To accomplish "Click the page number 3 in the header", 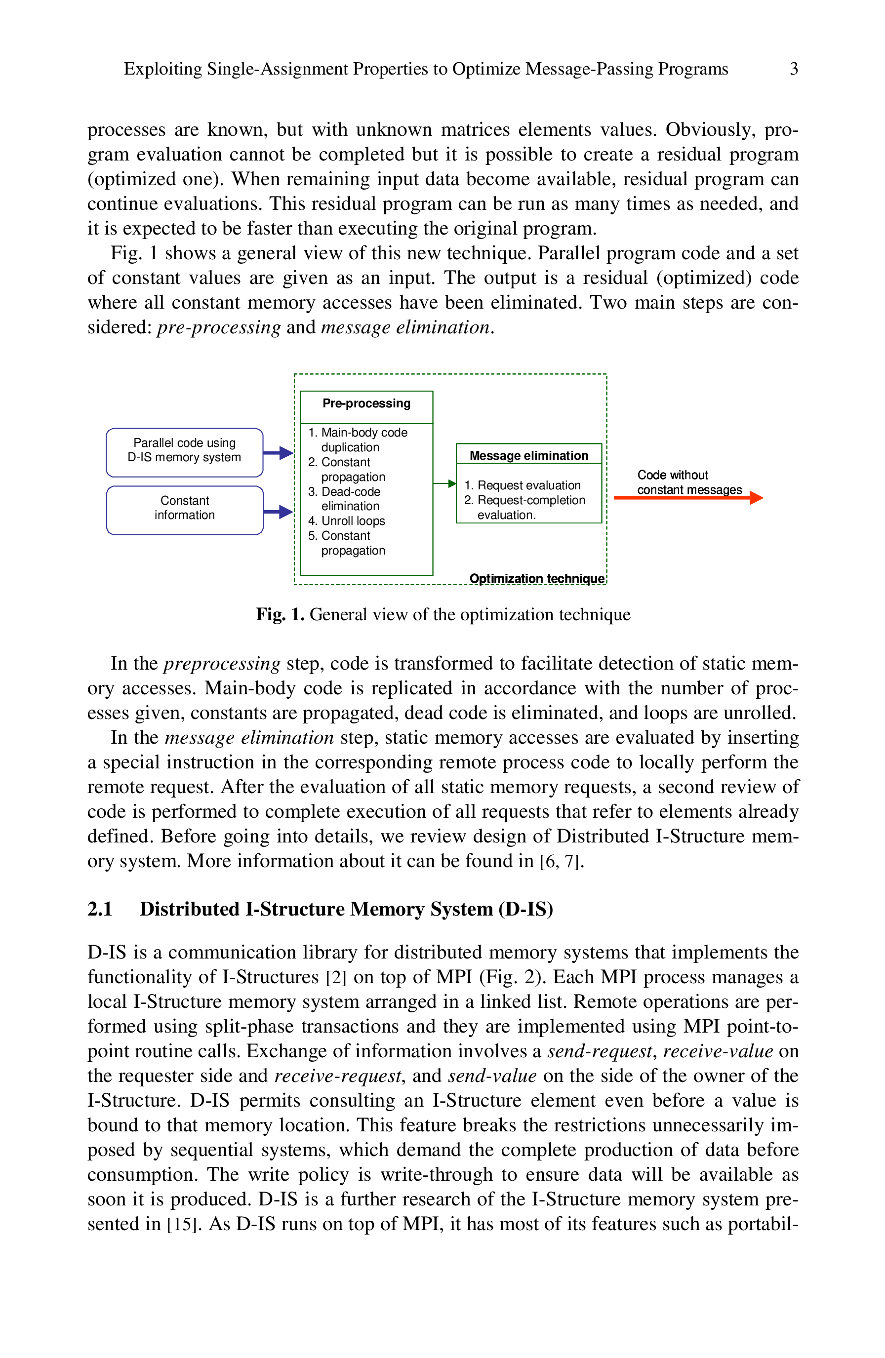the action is click(793, 69).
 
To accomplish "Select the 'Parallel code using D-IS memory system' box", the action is click(184, 452).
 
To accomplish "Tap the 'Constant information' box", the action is click(184, 510).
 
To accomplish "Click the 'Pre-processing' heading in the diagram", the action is click(366, 403).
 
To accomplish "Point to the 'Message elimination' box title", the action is click(528, 455).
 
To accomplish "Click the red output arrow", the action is click(688, 498).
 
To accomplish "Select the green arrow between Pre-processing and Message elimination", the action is click(444, 483).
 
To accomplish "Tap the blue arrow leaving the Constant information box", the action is click(278, 511).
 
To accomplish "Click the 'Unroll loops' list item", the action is click(346, 521).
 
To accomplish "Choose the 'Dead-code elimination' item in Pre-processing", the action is click(344, 499).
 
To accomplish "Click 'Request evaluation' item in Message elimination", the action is click(523, 485).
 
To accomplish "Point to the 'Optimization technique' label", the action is click(537, 579).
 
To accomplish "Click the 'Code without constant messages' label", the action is click(689, 482).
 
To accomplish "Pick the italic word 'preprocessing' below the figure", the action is click(222, 664).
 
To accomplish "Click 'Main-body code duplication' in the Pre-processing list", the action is click(358, 439).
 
